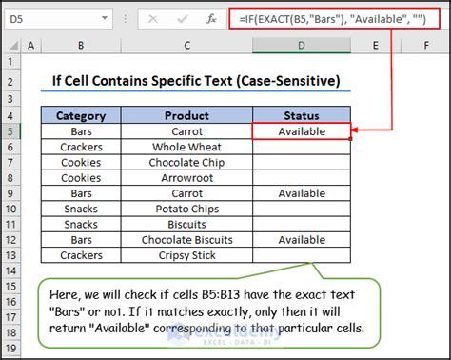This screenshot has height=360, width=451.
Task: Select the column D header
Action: coord(302,46)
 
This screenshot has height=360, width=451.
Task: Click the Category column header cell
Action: coord(81,116)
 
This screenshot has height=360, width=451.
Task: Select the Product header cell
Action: coord(186,116)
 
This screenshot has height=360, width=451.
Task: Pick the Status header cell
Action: coord(302,116)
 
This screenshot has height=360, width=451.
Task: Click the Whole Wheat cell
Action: coord(186,147)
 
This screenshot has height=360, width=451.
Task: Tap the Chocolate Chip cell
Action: coord(186,162)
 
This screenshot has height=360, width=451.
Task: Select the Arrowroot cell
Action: coord(186,177)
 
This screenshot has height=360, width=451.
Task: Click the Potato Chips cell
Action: coord(186,209)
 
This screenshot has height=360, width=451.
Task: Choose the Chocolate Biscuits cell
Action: coord(186,240)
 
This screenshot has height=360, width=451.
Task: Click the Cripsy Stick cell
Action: coord(186,255)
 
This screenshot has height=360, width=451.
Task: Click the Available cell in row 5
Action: coord(302,131)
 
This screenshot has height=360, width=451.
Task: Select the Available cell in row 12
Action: coord(302,240)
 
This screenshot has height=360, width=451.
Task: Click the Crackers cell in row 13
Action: coord(81,255)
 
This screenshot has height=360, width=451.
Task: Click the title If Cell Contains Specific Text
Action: coord(196,81)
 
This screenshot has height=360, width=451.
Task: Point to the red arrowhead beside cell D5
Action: coord(357,131)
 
